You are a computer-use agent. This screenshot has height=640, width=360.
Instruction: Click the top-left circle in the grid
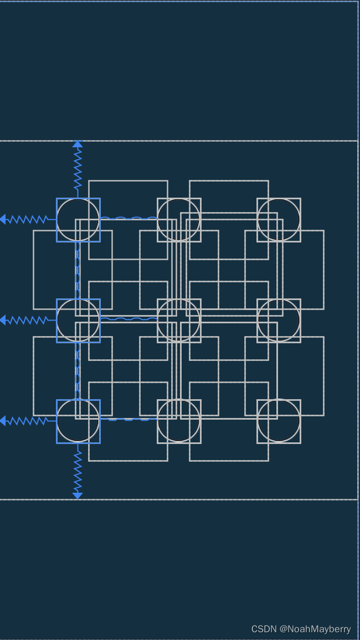pyautogui.click(x=78, y=220)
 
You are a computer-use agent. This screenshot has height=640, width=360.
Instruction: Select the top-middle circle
pyautogui.click(x=178, y=220)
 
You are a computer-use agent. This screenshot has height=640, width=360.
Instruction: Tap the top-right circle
pyautogui.click(x=279, y=220)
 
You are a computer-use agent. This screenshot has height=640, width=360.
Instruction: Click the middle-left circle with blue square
pyautogui.click(x=78, y=321)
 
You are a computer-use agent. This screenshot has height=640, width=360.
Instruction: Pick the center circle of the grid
pyautogui.click(x=178, y=321)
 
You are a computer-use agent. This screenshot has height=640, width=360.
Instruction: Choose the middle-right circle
pyautogui.click(x=279, y=321)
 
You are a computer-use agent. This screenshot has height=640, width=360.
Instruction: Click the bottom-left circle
pyautogui.click(x=78, y=421)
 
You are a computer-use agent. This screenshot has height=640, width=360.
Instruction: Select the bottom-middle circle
pyautogui.click(x=178, y=421)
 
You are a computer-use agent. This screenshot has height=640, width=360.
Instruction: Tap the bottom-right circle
pyautogui.click(x=279, y=421)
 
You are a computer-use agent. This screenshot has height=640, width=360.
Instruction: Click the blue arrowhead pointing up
pyautogui.click(x=78, y=144)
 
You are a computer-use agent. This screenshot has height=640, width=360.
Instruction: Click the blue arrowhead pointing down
pyautogui.click(x=78, y=496)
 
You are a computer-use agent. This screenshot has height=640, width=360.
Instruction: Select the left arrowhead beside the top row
pyautogui.click(x=3, y=219)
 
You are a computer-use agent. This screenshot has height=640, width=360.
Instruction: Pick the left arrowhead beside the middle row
pyautogui.click(x=3, y=320)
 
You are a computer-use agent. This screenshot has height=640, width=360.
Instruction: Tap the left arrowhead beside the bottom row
pyautogui.click(x=3, y=421)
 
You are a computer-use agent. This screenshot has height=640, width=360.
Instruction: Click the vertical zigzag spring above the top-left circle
pyautogui.click(x=78, y=169)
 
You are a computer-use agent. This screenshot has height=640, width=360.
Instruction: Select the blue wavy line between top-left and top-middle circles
pyautogui.click(x=128, y=218)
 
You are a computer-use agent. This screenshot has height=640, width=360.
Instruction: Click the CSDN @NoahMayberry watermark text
pyautogui.click(x=301, y=629)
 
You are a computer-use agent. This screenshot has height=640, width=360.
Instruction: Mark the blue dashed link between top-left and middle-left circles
pyautogui.click(x=78, y=270)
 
